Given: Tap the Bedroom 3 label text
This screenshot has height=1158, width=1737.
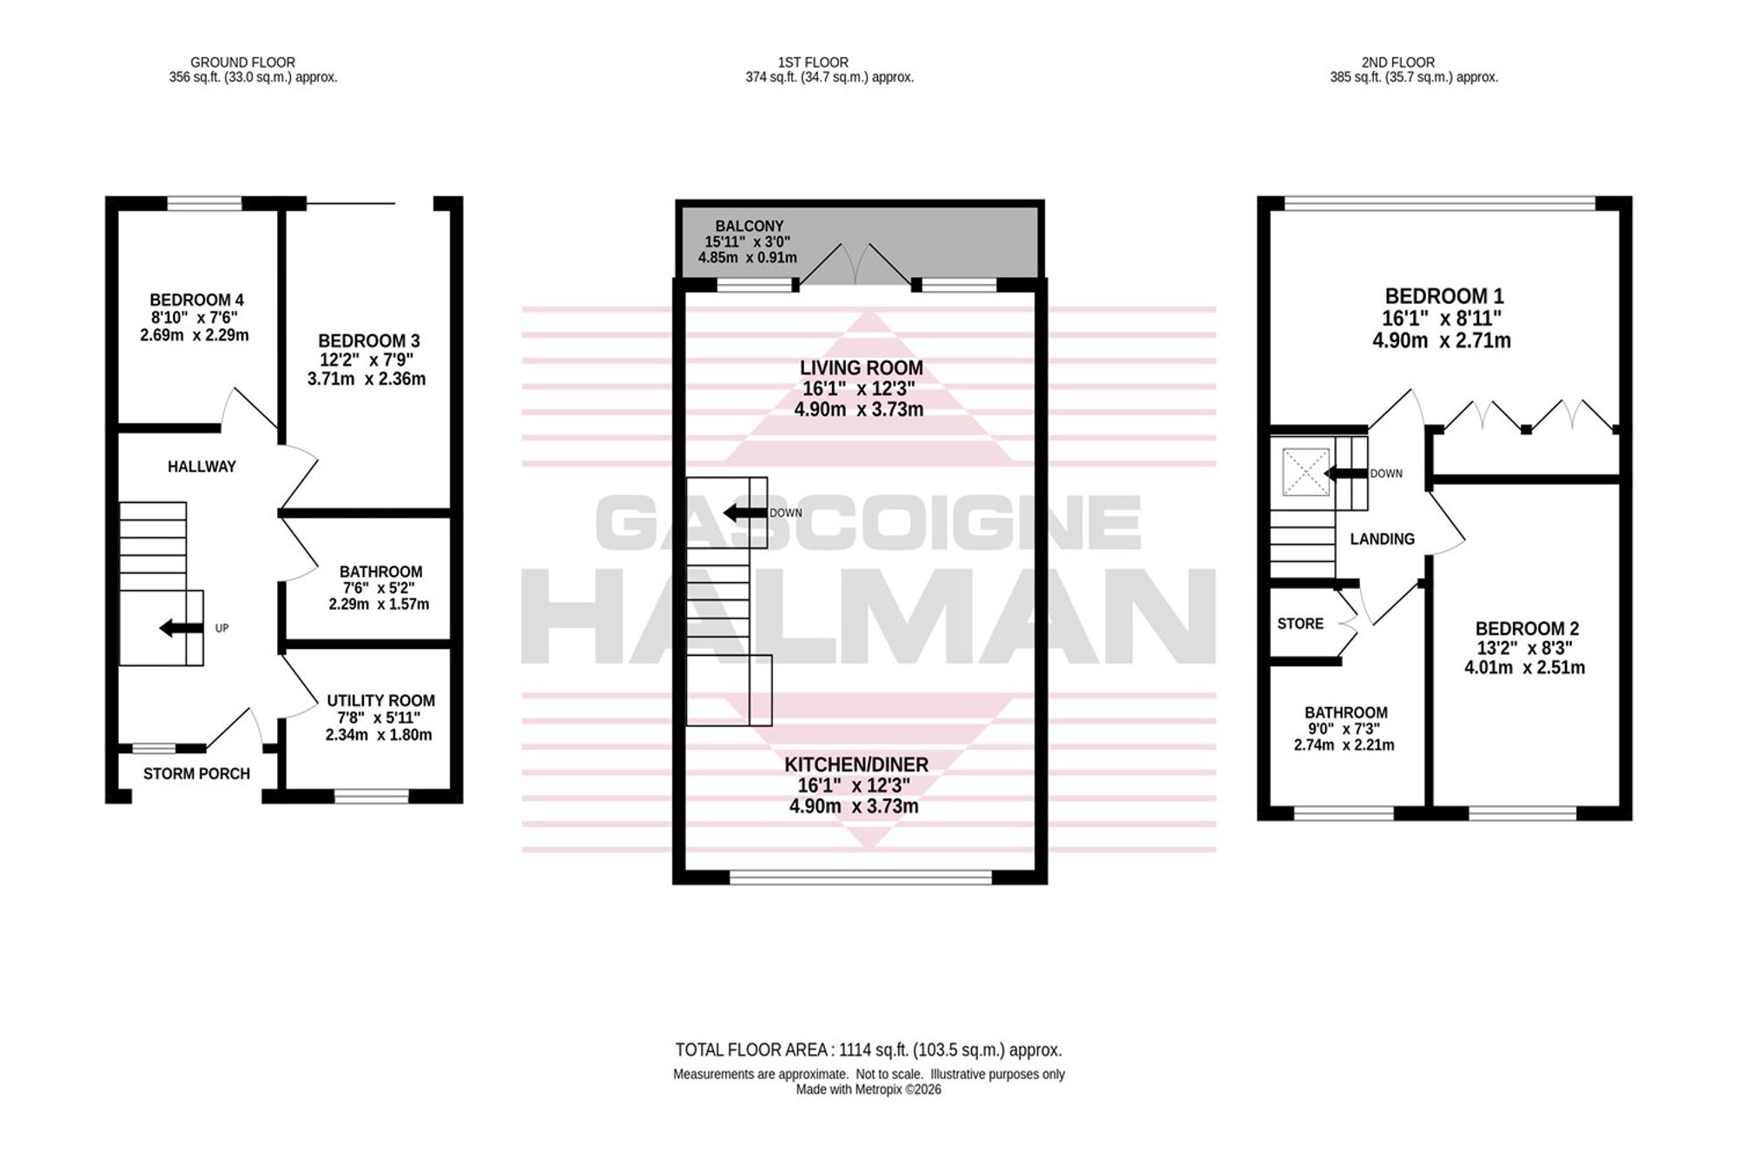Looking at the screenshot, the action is click(369, 341).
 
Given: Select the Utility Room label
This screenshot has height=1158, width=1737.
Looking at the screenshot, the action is click(380, 700).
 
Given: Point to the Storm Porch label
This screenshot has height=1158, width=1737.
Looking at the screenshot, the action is click(196, 773).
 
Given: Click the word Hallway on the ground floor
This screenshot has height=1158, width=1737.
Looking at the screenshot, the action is click(201, 467).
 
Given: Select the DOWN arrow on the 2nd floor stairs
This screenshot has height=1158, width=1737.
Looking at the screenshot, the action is click(1345, 473).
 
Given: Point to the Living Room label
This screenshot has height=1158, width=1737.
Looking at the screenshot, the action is click(861, 368).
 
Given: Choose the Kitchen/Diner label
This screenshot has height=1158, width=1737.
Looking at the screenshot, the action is click(856, 764).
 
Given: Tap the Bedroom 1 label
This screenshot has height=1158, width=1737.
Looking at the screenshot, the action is click(1444, 296).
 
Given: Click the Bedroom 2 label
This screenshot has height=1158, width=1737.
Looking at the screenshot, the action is click(1527, 629).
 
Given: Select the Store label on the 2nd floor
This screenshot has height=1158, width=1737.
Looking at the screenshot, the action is click(1300, 624).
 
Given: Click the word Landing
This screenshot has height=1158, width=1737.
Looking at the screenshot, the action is click(1382, 539).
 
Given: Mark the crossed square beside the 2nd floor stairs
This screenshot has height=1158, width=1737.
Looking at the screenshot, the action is click(1305, 473).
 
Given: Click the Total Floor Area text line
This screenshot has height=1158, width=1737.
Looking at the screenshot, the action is click(868, 1049).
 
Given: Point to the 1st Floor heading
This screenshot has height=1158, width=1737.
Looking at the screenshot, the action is click(813, 63).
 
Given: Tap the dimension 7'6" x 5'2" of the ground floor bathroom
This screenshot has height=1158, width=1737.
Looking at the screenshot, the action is click(380, 588).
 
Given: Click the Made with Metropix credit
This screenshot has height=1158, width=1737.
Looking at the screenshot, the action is click(868, 1089).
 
